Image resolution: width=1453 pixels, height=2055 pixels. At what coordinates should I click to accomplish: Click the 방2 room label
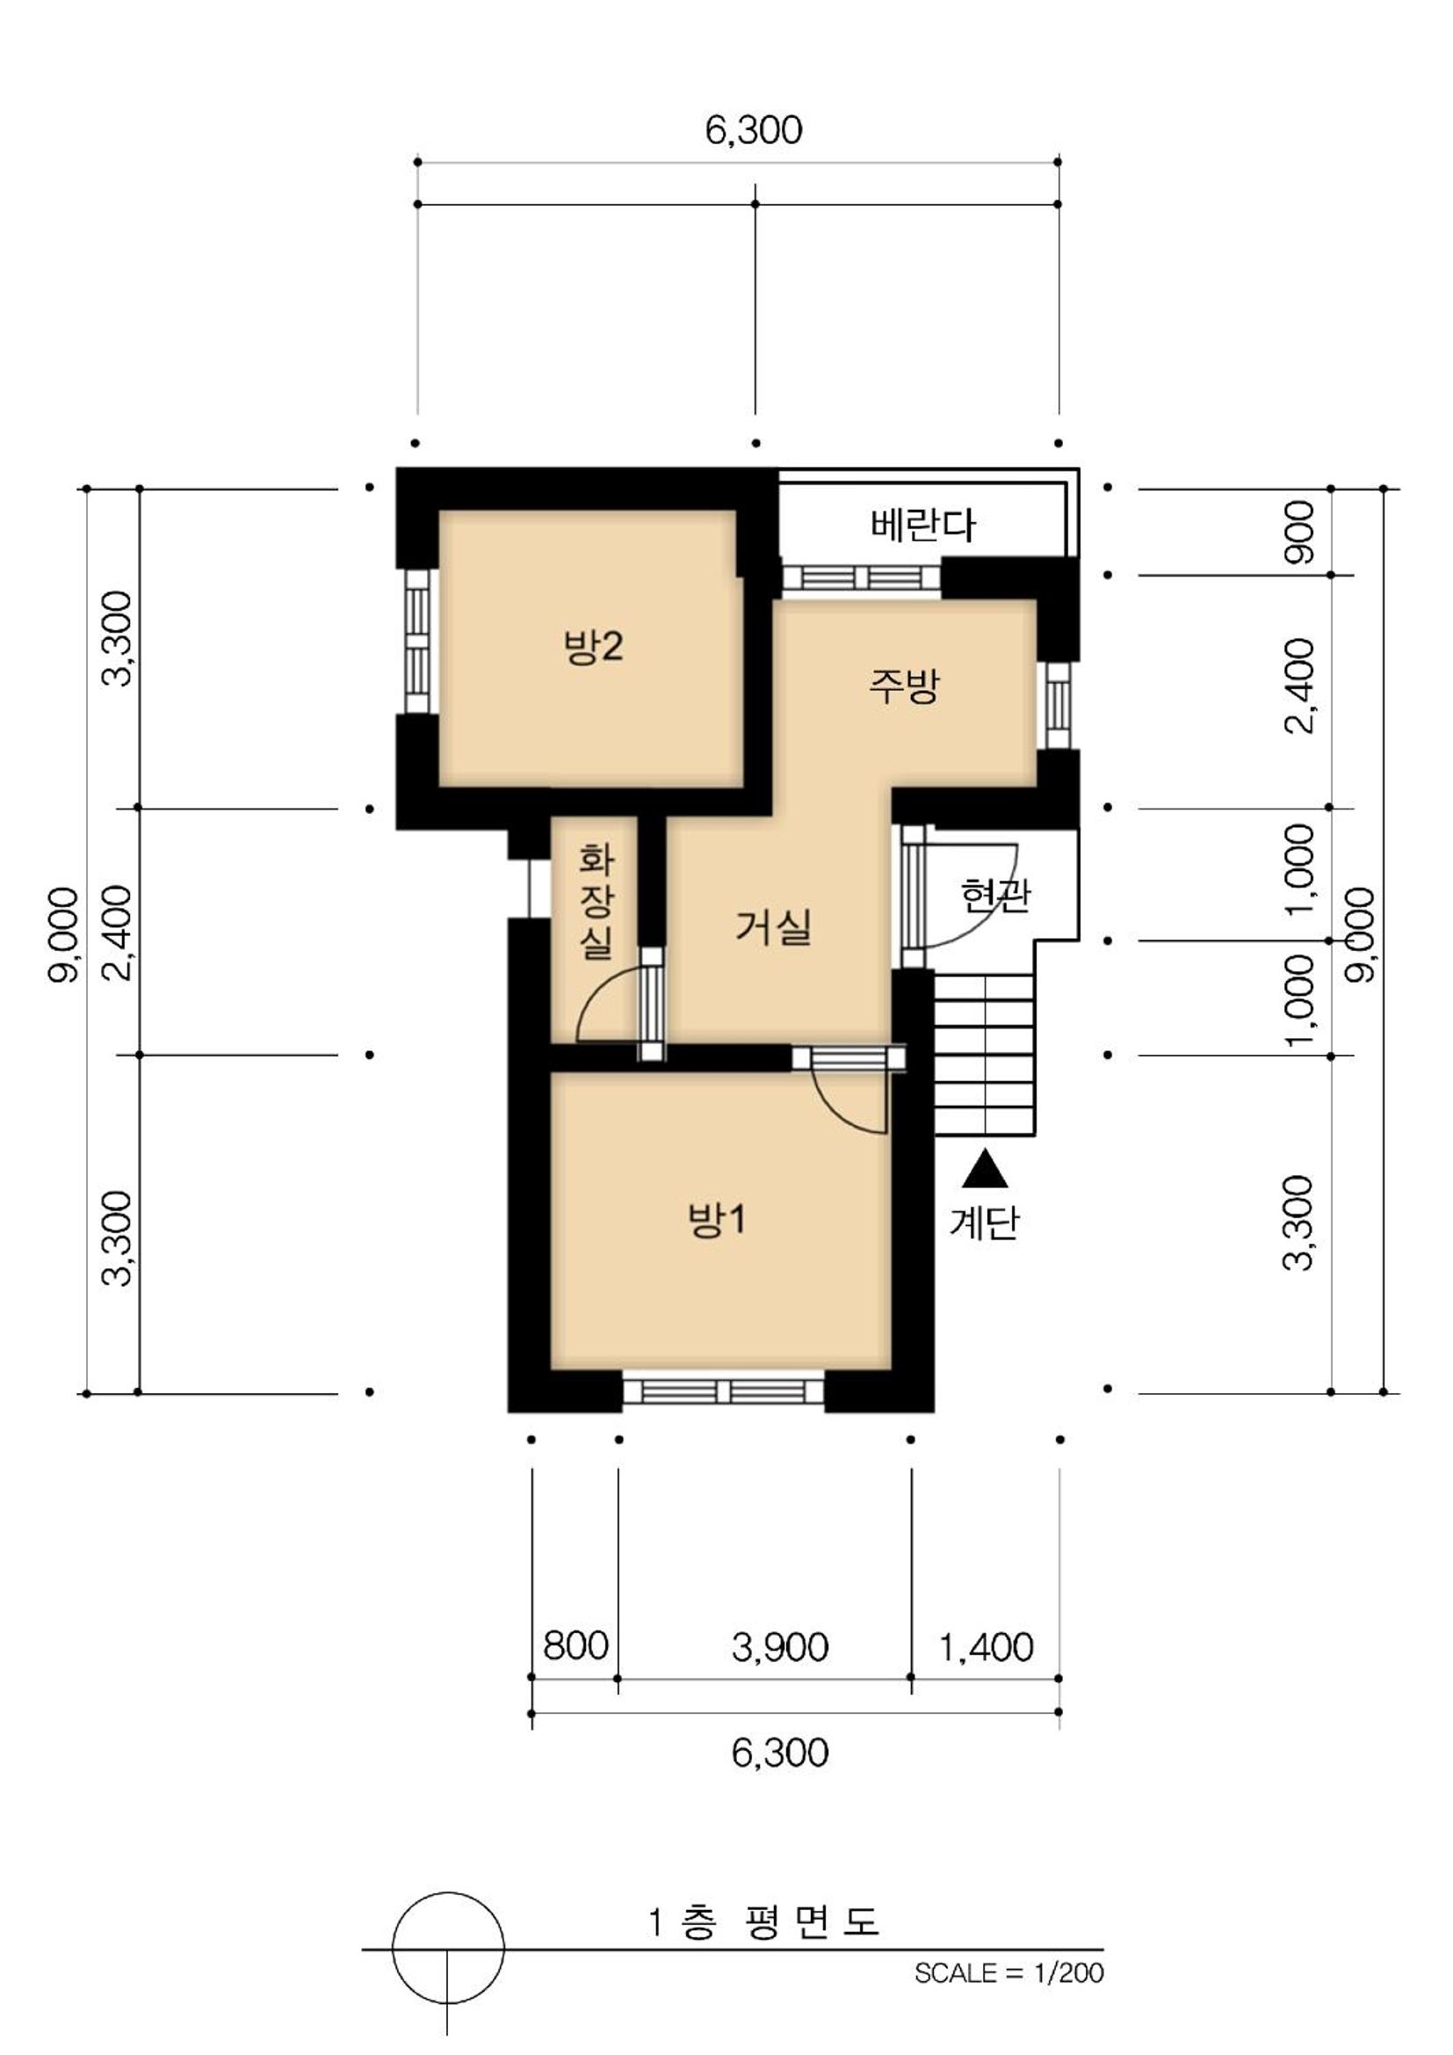(x=593, y=646)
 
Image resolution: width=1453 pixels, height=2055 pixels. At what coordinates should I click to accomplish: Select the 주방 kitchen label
(x=904, y=686)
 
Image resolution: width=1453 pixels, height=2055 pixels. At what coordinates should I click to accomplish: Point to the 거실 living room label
(x=773, y=926)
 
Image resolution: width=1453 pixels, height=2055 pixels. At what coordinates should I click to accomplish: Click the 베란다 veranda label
(x=922, y=525)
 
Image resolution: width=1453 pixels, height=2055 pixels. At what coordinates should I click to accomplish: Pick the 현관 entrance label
(x=995, y=894)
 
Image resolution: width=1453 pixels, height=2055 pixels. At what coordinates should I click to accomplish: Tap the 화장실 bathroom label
(x=596, y=900)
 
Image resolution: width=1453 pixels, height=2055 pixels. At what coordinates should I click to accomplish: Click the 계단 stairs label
(x=984, y=1223)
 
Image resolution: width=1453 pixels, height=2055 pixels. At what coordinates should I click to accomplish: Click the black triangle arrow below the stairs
(x=985, y=1169)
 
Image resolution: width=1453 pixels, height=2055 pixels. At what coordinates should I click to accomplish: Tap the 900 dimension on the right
(x=1300, y=532)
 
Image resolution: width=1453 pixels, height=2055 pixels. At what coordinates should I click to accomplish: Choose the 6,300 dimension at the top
(x=754, y=130)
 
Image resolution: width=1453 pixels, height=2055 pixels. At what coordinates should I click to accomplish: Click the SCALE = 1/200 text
(x=1008, y=1972)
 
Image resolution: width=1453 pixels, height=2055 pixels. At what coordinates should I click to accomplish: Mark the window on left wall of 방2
(x=418, y=642)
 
